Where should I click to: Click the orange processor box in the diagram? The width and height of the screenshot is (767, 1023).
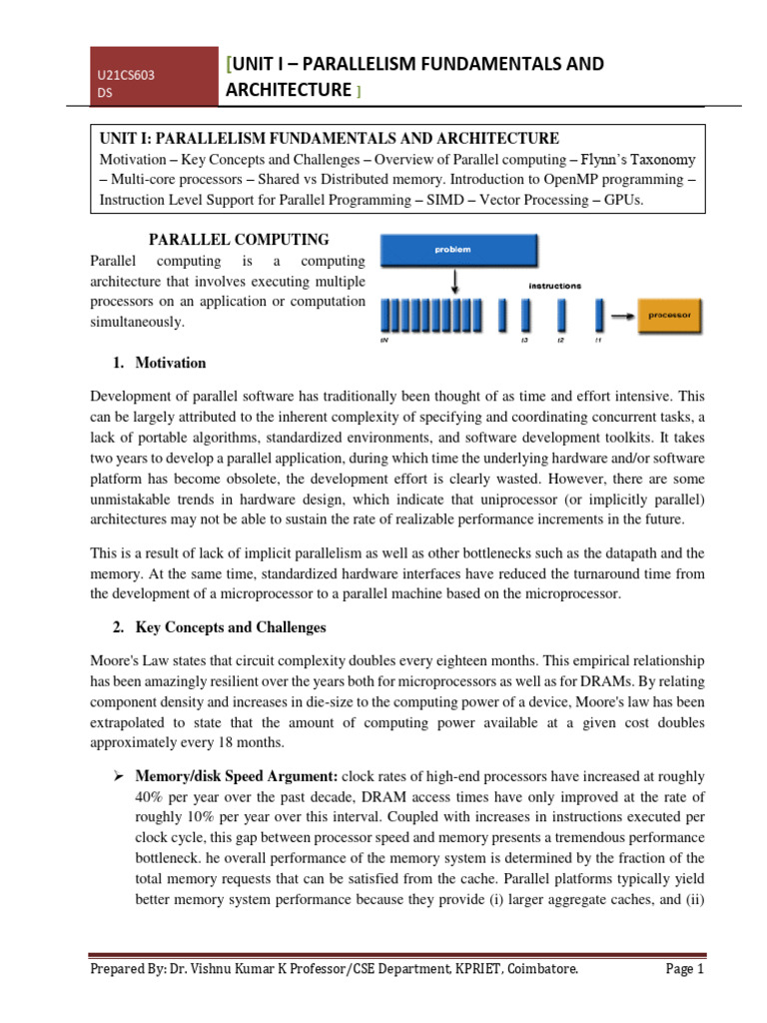coord(670,315)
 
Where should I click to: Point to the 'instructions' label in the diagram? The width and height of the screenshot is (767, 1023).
coord(554,286)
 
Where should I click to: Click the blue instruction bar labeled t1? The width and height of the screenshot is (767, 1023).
coord(599,316)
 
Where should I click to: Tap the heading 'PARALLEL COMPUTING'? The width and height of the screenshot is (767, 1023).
coord(239,240)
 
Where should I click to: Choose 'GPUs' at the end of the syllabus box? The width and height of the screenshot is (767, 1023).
coord(622,200)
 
